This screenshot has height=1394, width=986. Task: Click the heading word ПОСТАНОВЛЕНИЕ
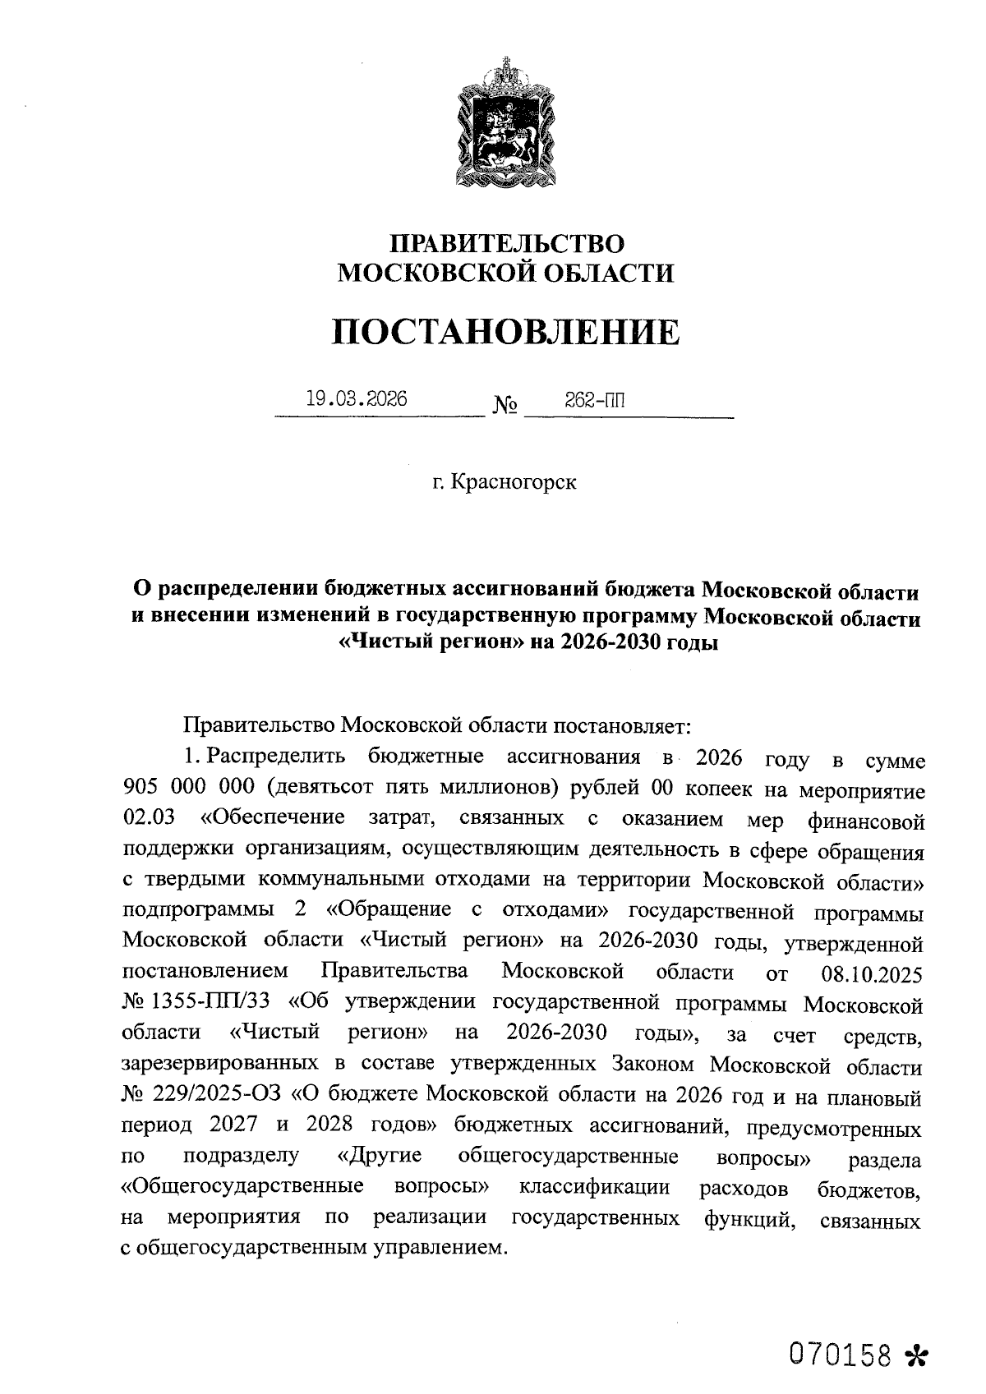[x=506, y=333]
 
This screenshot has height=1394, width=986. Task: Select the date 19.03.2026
[x=356, y=399]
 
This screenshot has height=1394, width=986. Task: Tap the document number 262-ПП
[x=594, y=400]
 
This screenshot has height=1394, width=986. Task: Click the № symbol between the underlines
[x=505, y=406]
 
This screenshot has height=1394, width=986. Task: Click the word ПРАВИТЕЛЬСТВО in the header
[x=506, y=244]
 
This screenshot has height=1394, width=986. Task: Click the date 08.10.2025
[x=872, y=975]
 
